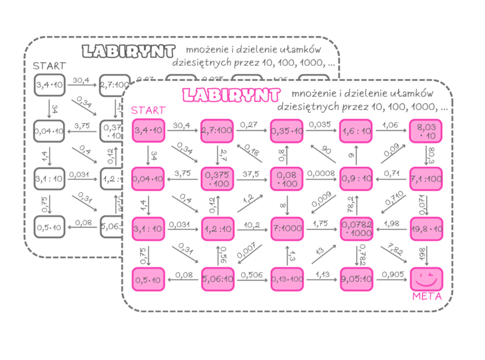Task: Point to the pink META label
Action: (427, 297)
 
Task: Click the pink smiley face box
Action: (426, 278)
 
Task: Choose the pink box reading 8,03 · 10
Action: (426, 130)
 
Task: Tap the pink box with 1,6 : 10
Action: (357, 130)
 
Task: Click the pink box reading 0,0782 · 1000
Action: (357, 228)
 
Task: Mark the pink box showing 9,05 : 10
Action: (357, 278)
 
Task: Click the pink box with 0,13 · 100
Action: (288, 278)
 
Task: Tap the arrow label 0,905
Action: (391, 273)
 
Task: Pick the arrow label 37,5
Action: (252, 174)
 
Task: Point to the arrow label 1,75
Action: (321, 223)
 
